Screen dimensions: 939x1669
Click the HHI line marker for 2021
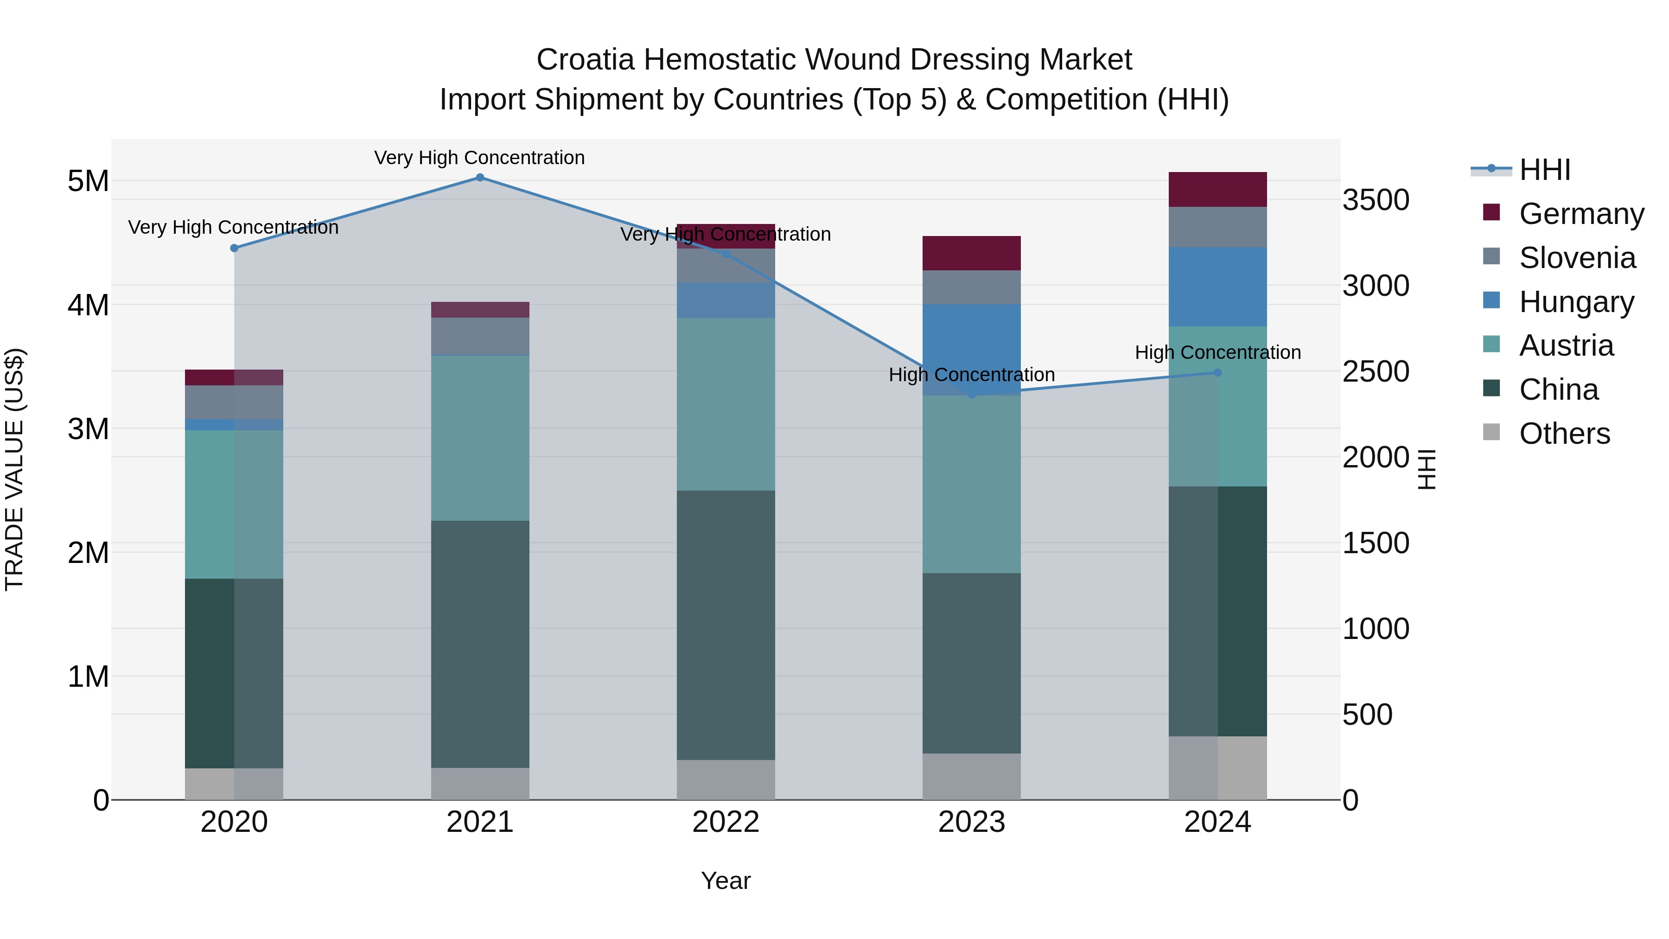coord(480,178)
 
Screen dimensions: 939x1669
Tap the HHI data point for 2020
coord(235,248)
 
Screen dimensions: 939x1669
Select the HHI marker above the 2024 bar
coord(1217,373)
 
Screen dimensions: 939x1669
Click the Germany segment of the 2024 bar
coord(1217,189)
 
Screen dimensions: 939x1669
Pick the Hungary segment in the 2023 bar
coord(971,349)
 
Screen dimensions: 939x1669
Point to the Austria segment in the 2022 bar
coord(726,404)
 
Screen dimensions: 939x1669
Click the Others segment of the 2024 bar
coord(1217,768)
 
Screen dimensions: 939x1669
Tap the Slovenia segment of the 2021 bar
coord(480,336)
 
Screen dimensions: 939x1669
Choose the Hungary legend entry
coord(1576,302)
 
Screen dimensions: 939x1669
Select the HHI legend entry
coord(1545,170)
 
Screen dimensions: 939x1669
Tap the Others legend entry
coord(1564,434)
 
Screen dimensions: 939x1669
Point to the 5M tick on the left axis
coord(88,181)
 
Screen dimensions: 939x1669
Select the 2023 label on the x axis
coord(971,822)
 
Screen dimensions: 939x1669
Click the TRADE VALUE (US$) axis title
coord(14,469)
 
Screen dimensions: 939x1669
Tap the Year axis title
coord(726,881)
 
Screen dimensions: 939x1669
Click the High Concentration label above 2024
coord(1217,352)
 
